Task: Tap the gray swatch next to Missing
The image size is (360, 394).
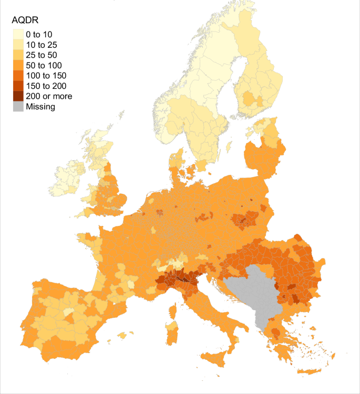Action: tap(18, 106)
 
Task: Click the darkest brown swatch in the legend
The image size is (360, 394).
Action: tap(18, 96)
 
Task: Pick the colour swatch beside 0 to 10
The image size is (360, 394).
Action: tap(18, 34)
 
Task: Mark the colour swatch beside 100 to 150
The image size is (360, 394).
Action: tap(18, 75)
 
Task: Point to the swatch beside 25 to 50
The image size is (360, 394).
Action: tap(18, 55)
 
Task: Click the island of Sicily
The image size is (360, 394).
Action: tap(218, 358)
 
